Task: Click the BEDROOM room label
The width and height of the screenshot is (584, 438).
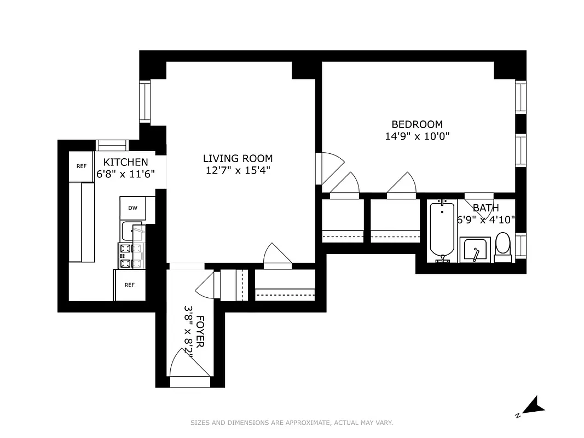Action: click(x=417, y=124)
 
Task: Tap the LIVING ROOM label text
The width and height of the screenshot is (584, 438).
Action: click(x=238, y=159)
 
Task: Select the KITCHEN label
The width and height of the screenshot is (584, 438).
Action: click(x=125, y=162)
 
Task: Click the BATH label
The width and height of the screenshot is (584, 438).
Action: click(x=485, y=208)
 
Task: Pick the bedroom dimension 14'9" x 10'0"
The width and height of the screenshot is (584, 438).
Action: click(x=417, y=136)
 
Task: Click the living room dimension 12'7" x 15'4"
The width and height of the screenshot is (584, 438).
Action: click(x=238, y=171)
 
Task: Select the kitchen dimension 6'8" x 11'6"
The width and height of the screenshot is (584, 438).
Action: click(x=125, y=174)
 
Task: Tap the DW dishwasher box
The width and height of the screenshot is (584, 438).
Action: click(x=133, y=208)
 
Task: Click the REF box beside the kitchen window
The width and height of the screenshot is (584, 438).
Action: click(x=82, y=166)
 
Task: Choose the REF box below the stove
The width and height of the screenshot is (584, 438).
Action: click(x=130, y=285)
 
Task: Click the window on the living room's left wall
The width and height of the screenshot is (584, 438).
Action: click(x=144, y=101)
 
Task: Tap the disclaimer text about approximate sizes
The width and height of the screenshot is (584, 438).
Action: click(x=292, y=423)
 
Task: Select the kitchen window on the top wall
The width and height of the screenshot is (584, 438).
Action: click(x=112, y=145)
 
